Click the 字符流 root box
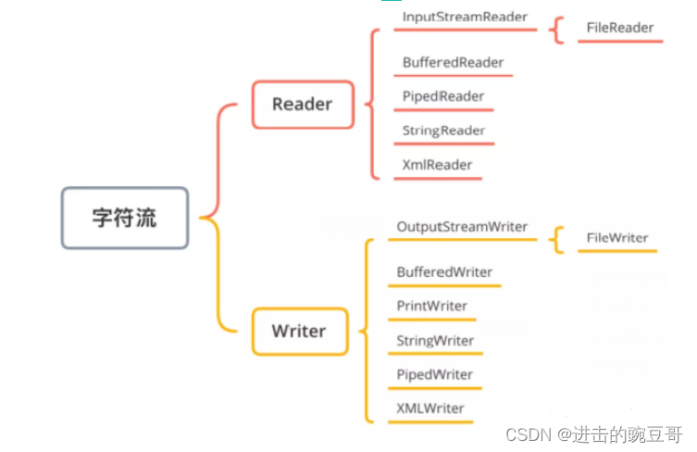(x=125, y=218)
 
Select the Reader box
(x=302, y=104)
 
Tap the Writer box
(x=299, y=331)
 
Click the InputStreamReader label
(x=465, y=17)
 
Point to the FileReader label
(x=620, y=28)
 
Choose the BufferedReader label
(x=454, y=62)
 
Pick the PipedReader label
(x=443, y=96)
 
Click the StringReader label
(x=444, y=131)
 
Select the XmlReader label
(x=437, y=165)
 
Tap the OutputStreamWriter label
(x=462, y=227)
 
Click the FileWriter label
(x=617, y=238)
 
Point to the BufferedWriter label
(x=444, y=272)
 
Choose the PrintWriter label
(x=431, y=307)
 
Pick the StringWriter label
(x=435, y=341)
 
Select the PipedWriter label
(x=434, y=375)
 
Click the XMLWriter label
(x=430, y=408)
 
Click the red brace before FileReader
(x=556, y=29)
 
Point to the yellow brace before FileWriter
(x=556, y=239)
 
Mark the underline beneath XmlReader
(x=437, y=178)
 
